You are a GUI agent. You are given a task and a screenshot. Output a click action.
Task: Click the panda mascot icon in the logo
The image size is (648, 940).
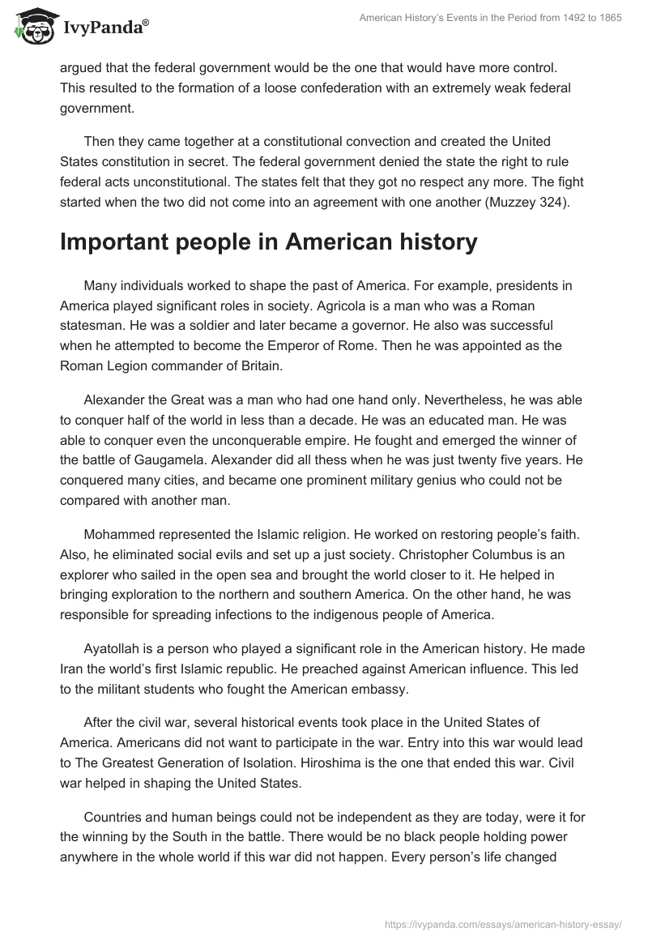[30, 26]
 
